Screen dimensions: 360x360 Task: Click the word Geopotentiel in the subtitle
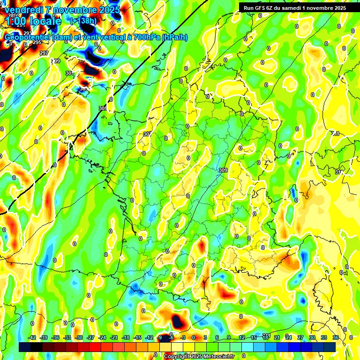[x=28, y=37]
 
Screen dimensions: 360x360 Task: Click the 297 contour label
[x=44, y=53]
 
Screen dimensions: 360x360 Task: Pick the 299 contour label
[x=56, y=61]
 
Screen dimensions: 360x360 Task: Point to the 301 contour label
[x=69, y=74]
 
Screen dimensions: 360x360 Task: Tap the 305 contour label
[x=103, y=108]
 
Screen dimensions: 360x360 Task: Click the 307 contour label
[x=147, y=134]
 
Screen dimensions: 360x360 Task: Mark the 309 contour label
[x=223, y=170]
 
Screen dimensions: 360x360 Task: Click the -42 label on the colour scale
[x=32, y=337]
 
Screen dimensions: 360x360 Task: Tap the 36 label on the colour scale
[x=336, y=337]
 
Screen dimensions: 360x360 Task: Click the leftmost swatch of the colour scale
[x=25, y=347]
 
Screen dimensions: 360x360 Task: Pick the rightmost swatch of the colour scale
[x=330, y=347]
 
